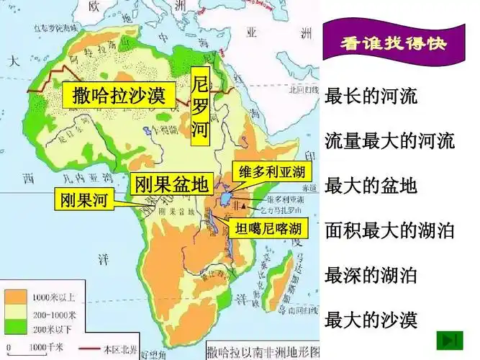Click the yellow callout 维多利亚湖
(271, 171)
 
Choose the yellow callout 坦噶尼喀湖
(268, 229)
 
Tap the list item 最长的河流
(371, 96)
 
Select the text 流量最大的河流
(390, 141)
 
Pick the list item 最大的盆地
(371, 186)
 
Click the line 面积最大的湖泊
(390, 230)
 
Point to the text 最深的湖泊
(371, 275)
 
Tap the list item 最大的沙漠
(371, 319)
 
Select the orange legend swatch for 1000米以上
(15, 296)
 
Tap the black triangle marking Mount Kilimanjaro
(248, 204)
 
